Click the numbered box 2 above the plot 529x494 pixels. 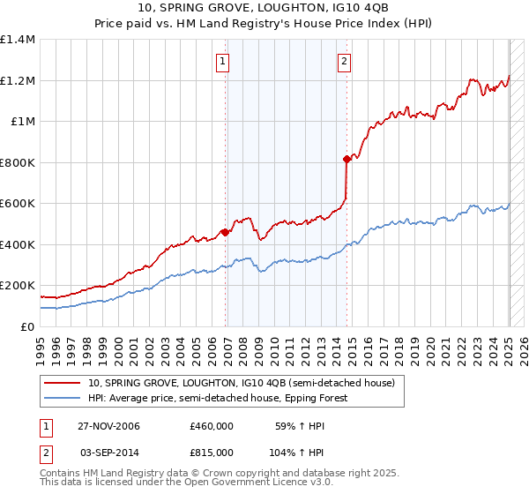343,62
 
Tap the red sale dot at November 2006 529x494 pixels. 225,233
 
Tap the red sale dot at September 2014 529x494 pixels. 346,160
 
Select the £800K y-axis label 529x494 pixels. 18,162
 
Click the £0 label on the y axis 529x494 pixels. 28,326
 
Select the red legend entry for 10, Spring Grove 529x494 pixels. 246,383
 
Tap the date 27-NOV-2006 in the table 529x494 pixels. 108,426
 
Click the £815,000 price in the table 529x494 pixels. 212,451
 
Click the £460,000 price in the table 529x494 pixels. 212,426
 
